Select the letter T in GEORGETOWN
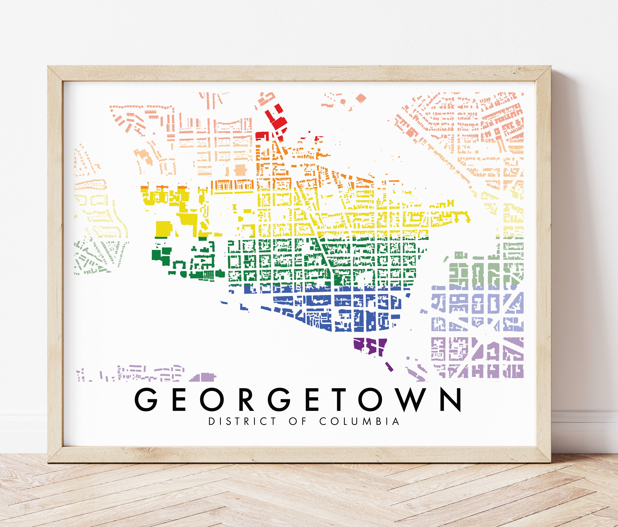point(340,400)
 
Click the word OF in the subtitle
point(298,421)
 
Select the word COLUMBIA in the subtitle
point(359,421)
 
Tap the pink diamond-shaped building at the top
point(361,98)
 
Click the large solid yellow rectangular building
point(164,229)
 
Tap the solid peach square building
point(241,170)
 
